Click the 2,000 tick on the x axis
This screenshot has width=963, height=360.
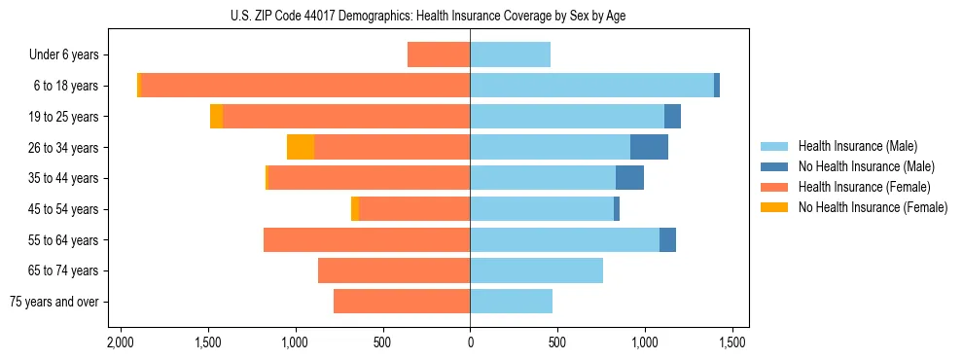point(120,342)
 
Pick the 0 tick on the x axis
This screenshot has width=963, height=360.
point(470,342)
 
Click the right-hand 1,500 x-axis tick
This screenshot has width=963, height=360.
point(732,342)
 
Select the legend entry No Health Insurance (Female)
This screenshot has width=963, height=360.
point(873,207)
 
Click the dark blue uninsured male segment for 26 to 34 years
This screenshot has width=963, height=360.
point(649,147)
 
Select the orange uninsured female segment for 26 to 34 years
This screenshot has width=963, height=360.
point(301,147)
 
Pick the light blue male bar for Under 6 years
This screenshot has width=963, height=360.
point(510,54)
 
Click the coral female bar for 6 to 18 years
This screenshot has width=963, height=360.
point(305,86)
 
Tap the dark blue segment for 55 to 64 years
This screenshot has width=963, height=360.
point(667,239)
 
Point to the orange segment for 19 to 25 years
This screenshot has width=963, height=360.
point(216,117)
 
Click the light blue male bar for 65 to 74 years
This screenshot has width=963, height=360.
point(536,270)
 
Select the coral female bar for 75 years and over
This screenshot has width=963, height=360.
point(402,302)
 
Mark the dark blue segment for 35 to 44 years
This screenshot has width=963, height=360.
point(629,178)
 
